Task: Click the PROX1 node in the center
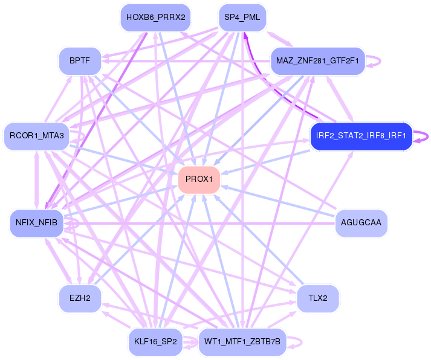(199, 179)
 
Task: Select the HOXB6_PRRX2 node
(155, 17)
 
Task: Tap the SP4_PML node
(242, 17)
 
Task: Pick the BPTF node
(80, 61)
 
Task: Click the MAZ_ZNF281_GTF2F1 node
(318, 61)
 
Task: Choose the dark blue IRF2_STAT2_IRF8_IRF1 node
(361, 135)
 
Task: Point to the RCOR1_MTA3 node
(37, 135)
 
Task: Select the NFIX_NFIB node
(37, 222)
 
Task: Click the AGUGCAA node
(361, 222)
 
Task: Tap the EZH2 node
(80, 298)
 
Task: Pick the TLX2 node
(318, 298)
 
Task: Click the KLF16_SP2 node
(155, 342)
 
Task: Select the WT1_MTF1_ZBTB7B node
(242, 342)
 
